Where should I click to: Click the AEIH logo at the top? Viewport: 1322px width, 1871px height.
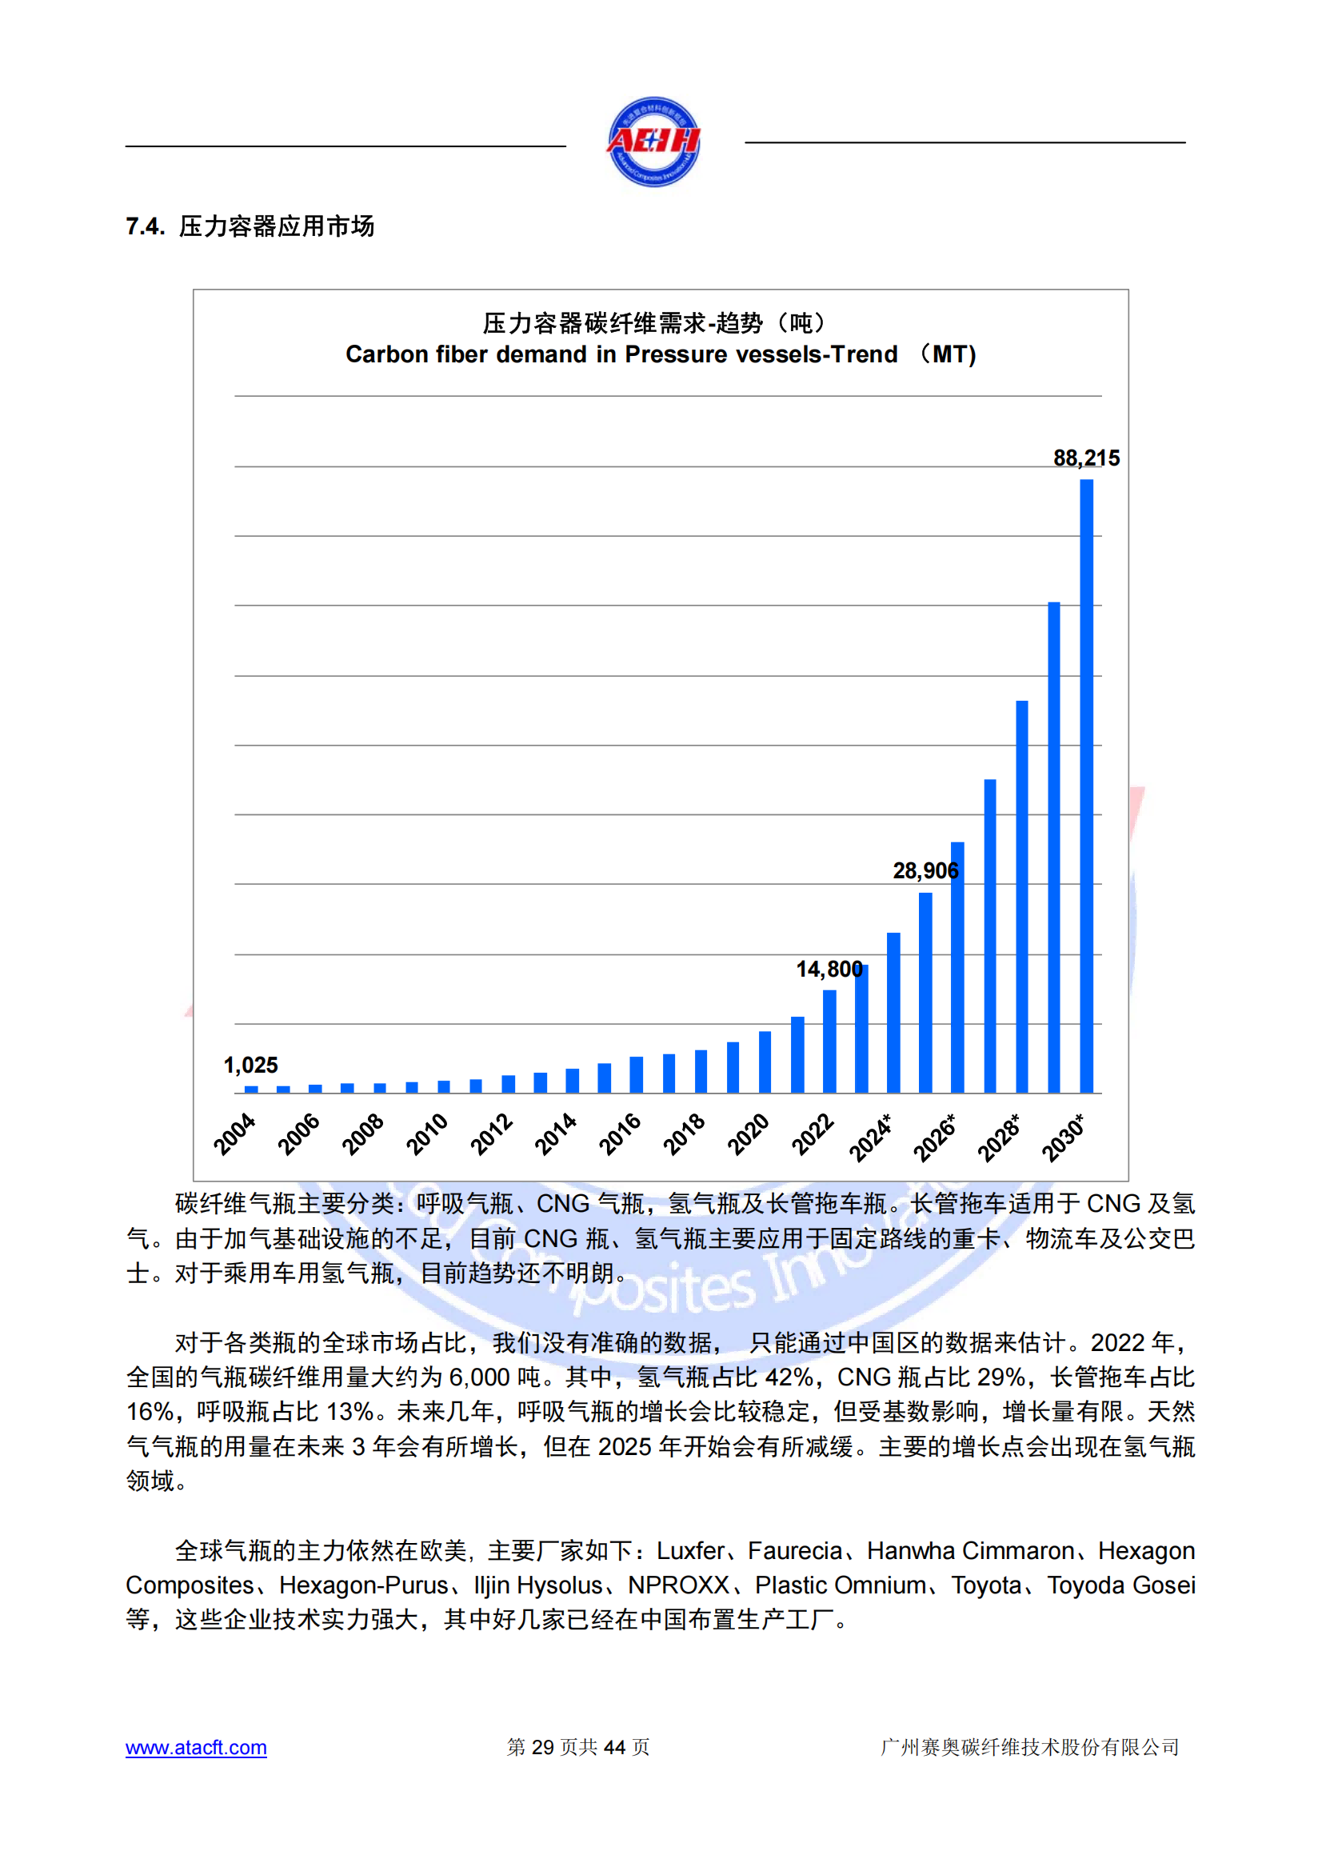click(x=653, y=142)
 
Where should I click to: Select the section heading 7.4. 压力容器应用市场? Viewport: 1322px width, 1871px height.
click(x=250, y=226)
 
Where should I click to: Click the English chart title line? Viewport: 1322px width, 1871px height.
click(x=660, y=354)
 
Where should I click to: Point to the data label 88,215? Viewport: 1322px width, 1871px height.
click(x=1086, y=458)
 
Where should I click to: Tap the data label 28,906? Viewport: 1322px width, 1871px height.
click(x=925, y=871)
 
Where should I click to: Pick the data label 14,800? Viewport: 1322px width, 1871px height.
click(x=829, y=969)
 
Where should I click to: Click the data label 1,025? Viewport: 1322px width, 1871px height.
click(x=251, y=1065)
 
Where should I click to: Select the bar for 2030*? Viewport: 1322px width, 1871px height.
click(x=1087, y=786)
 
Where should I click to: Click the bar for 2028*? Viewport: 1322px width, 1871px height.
click(x=1021, y=897)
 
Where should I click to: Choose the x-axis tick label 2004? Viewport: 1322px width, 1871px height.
click(x=234, y=1133)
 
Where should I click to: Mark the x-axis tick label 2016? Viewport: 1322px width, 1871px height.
click(x=620, y=1133)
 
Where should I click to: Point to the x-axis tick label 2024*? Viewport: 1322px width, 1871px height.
click(x=871, y=1137)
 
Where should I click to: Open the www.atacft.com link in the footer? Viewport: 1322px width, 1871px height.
click(x=195, y=1747)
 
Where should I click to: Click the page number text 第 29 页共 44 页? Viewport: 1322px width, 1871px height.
click(x=577, y=1747)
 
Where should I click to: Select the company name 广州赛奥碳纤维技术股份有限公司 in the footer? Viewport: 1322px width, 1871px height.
click(x=1029, y=1747)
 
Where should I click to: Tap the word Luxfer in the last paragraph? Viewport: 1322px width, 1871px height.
click(x=690, y=1551)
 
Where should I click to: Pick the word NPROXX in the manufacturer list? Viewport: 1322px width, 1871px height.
click(x=677, y=1585)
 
